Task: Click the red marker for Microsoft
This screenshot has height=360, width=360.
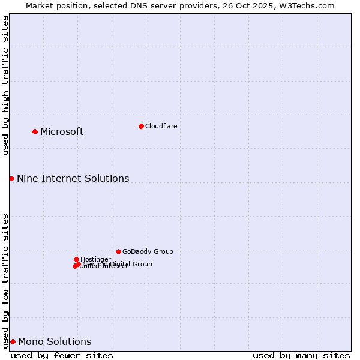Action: click(x=35, y=131)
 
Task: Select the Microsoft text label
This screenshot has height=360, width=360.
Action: click(x=62, y=132)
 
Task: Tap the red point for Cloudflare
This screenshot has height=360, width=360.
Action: click(x=141, y=126)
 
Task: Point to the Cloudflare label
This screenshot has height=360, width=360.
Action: click(x=161, y=126)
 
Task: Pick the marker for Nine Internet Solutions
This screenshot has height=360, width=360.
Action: click(x=11, y=178)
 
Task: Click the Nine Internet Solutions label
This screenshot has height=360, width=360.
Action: click(x=73, y=179)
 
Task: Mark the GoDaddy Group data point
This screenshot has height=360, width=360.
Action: click(x=118, y=251)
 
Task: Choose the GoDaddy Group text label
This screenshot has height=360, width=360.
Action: click(x=148, y=252)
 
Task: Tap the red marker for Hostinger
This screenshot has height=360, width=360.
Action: click(x=76, y=259)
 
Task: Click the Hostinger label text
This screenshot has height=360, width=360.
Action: click(x=95, y=260)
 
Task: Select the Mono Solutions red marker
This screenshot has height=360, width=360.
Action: click(x=13, y=341)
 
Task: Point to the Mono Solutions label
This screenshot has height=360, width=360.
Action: click(x=55, y=342)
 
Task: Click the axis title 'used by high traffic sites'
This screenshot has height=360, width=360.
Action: click(x=6, y=85)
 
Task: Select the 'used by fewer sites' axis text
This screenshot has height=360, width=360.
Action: click(x=62, y=355)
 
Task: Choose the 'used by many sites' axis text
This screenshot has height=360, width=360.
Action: click(x=301, y=355)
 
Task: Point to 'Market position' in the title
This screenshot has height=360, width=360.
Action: click(x=53, y=5)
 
